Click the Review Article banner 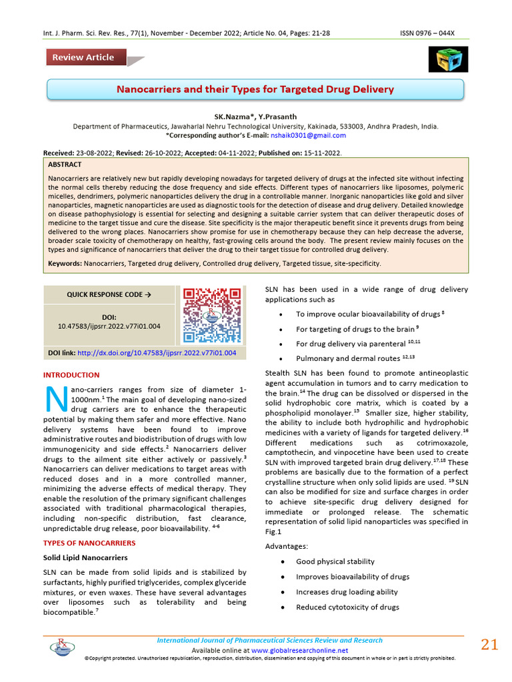pos(84,57)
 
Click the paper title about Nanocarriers pos(255,89)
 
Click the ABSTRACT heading pos(65,165)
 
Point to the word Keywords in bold pos(65,264)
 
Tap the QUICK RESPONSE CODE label pos(109,294)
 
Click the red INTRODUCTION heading pos(71,375)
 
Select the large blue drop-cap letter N pos(54,398)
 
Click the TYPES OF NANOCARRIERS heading pos(89,543)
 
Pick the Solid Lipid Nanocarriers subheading pos(85,557)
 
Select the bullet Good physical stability pos(335,561)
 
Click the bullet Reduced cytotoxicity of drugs pos(347,607)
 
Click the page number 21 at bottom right pos(489,644)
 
